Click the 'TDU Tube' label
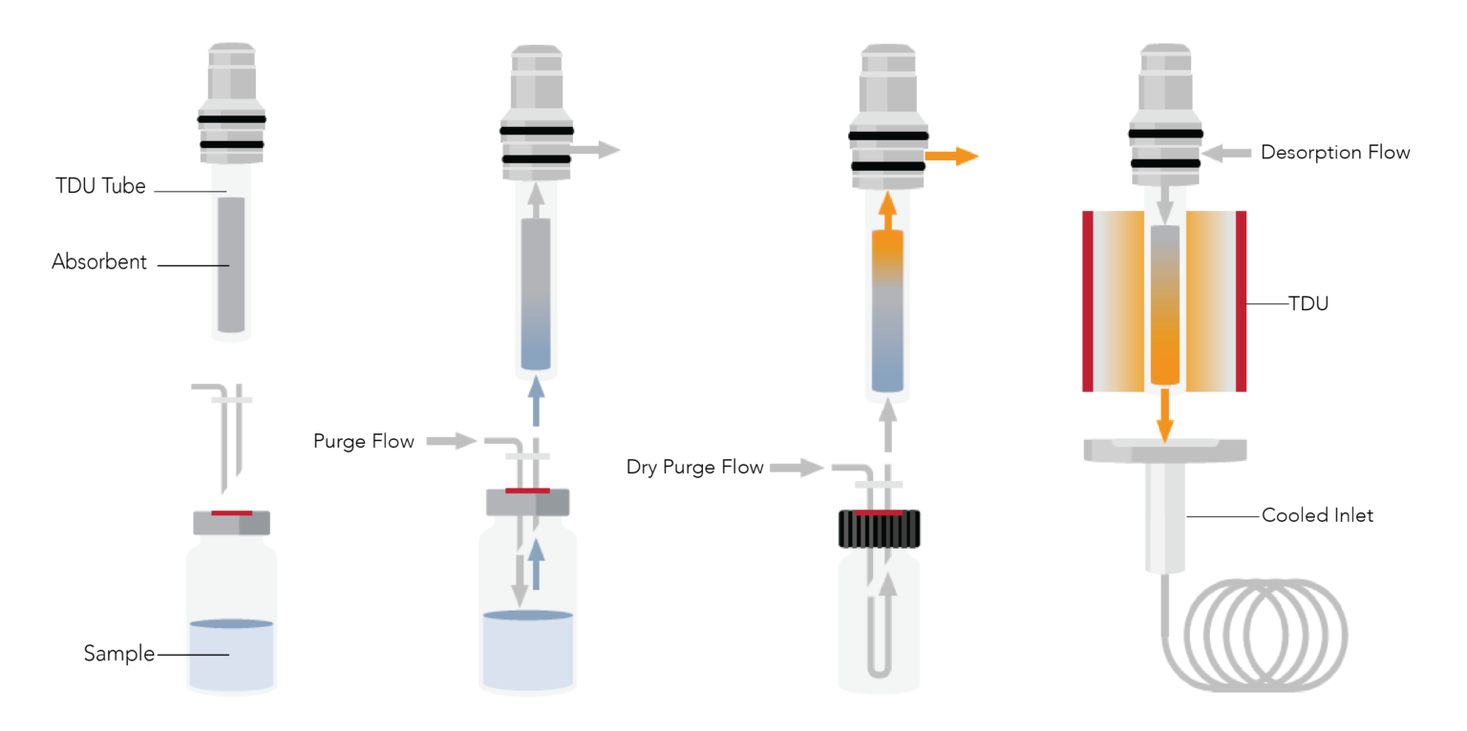click(x=100, y=186)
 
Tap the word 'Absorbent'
click(x=99, y=262)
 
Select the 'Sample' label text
click(x=118, y=654)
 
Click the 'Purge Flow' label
click(x=364, y=441)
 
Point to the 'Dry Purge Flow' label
click(x=694, y=468)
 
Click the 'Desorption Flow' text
click(x=1334, y=153)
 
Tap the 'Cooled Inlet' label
click(x=1317, y=515)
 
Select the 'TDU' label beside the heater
click(x=1308, y=304)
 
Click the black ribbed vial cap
click(x=879, y=529)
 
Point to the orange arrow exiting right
click(x=952, y=157)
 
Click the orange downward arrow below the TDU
click(x=1164, y=415)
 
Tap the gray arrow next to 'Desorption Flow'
click(x=1225, y=153)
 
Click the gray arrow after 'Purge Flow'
click(x=451, y=441)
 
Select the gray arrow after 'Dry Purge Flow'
click(x=797, y=468)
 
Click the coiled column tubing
click(x=1265, y=635)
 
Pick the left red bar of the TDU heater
click(x=1088, y=301)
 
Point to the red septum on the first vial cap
click(x=231, y=513)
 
